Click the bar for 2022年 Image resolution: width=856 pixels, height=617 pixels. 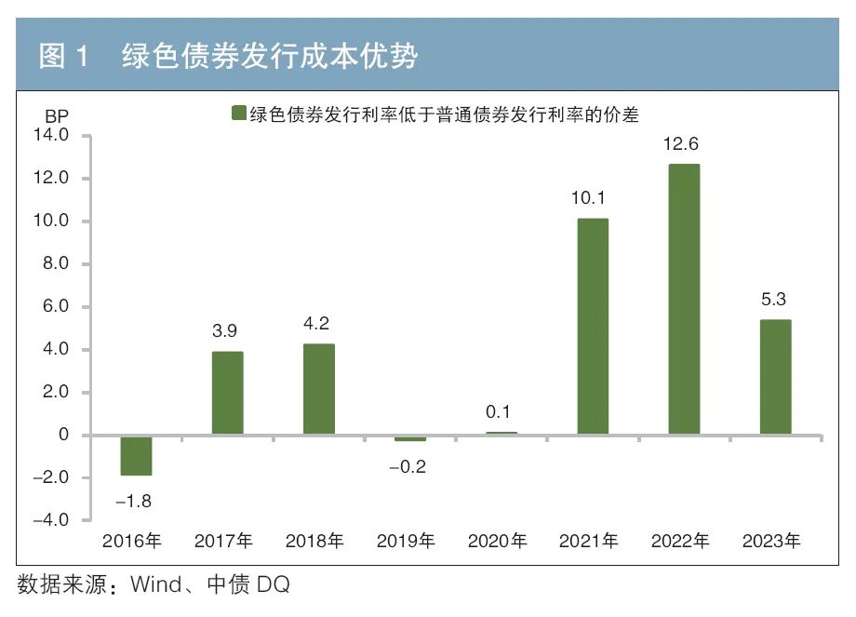pos(684,300)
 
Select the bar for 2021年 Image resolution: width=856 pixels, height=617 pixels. pos(593,327)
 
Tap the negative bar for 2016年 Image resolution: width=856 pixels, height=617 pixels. pos(136,456)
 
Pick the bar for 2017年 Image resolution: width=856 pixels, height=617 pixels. pos(227,393)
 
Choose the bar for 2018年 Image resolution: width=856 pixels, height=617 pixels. pos(318,390)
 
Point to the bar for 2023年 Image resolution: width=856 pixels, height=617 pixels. pos(775,378)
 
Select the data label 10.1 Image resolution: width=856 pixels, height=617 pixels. pos(593,198)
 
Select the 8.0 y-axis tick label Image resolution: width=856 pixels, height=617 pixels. pos(53,264)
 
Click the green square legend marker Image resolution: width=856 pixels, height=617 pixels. pos(238,114)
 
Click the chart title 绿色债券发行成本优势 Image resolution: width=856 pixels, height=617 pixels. pos(270,58)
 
